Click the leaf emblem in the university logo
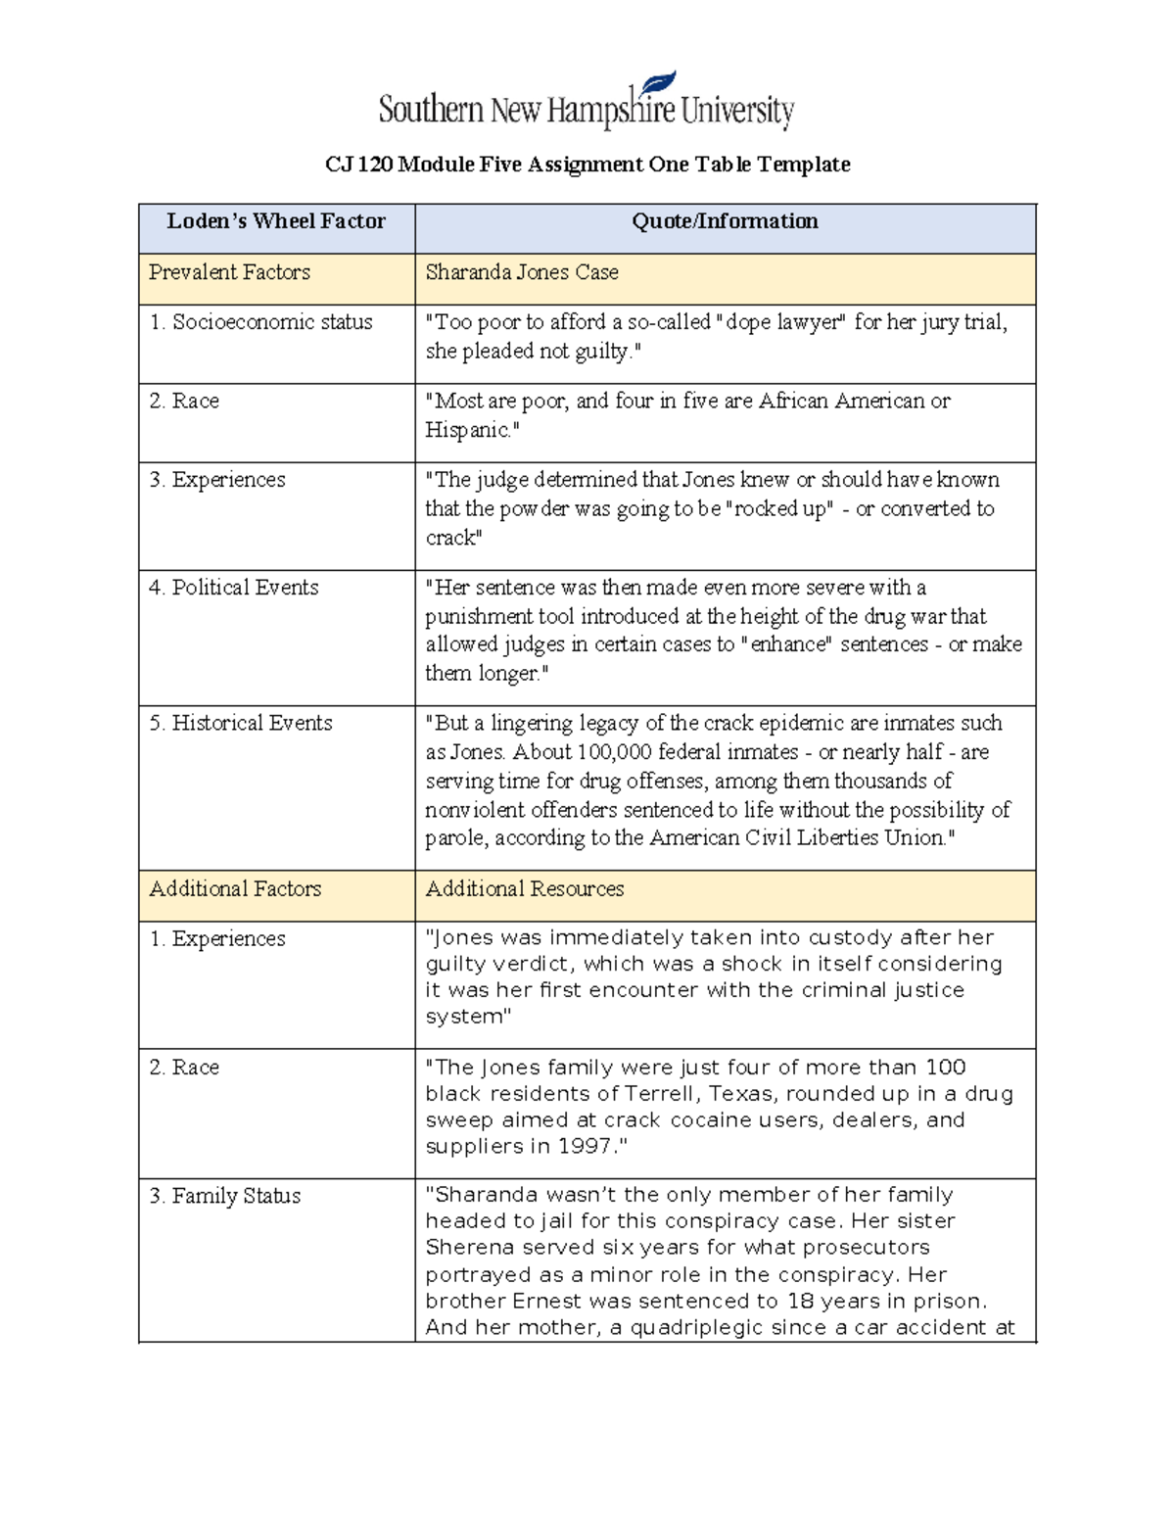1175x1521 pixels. click(659, 84)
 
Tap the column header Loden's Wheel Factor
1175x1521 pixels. click(276, 221)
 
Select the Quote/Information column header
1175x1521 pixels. click(725, 221)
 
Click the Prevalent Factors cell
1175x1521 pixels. click(229, 272)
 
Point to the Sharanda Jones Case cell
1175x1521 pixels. click(522, 272)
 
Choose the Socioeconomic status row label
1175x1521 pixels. click(272, 322)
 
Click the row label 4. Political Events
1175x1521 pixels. click(245, 588)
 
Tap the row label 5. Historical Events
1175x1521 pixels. click(252, 723)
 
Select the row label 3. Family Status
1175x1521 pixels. click(236, 1196)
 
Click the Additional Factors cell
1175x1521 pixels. click(235, 888)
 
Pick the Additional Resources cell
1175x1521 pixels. click(525, 888)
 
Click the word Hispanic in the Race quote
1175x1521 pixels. click(467, 430)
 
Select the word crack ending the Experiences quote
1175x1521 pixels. click(451, 538)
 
